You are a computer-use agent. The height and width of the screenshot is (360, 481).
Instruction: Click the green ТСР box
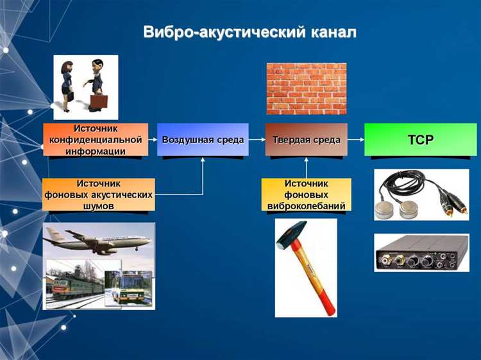420,139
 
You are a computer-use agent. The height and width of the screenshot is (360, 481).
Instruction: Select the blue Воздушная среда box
203,139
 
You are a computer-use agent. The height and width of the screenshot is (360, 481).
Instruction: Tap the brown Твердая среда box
306,139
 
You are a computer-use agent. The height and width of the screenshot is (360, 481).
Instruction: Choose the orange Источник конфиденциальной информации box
95,140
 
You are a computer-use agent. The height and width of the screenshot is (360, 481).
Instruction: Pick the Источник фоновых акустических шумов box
99,194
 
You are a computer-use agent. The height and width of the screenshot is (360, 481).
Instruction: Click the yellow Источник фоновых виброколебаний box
306,194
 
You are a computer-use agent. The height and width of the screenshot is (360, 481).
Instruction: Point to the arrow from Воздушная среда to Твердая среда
257,139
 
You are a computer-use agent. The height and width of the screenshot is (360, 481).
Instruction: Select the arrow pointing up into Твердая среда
306,167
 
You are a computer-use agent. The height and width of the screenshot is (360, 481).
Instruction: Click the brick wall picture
306,89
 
